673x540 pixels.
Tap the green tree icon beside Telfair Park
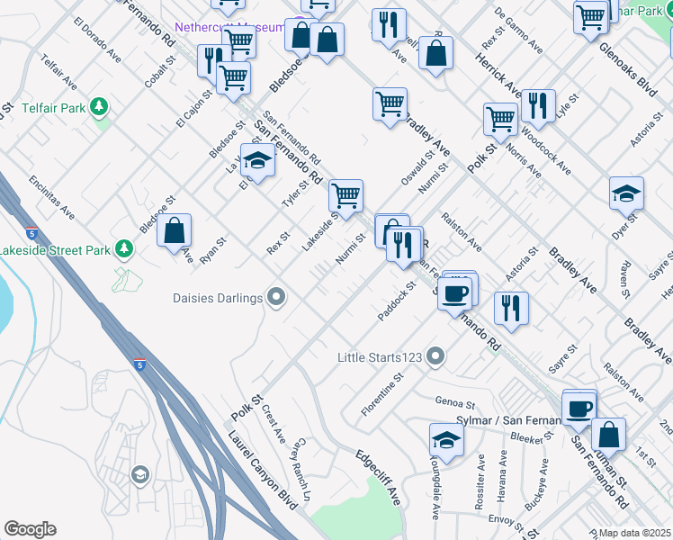pos(99,108)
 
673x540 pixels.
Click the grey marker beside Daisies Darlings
pos(277,296)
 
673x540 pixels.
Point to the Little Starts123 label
pos(379,356)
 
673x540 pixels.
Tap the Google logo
pos(30,529)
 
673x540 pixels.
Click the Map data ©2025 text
pos(634,533)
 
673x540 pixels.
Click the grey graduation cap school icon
pos(139,474)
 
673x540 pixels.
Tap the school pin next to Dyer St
pos(626,193)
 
